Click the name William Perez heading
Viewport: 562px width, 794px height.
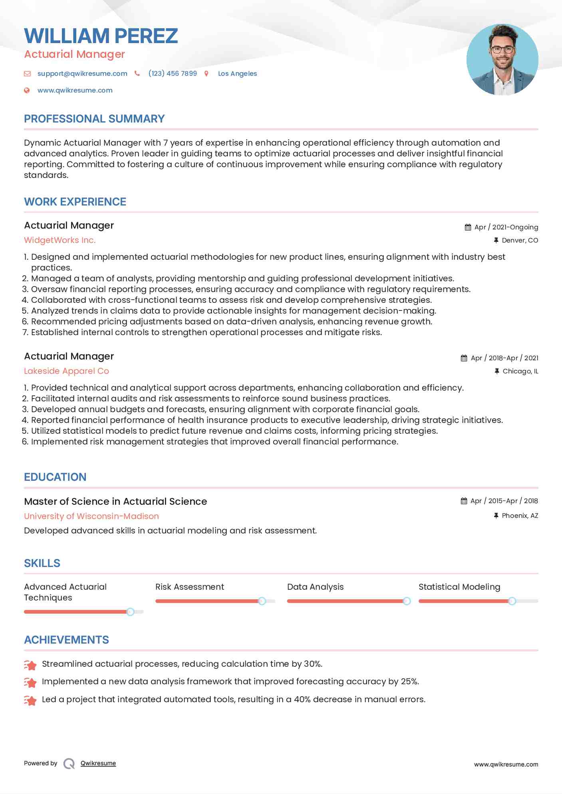(x=101, y=36)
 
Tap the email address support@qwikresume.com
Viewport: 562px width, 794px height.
(x=82, y=73)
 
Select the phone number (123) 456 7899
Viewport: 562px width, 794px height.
(x=173, y=73)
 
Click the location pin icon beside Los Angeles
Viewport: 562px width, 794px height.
(x=207, y=73)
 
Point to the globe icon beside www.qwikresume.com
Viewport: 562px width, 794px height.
(x=27, y=90)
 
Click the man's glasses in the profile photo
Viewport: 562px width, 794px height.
(x=502, y=50)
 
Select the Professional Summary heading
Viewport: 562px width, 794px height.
(x=94, y=119)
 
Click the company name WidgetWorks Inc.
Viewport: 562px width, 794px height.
(x=60, y=240)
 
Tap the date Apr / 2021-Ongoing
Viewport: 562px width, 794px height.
(x=506, y=227)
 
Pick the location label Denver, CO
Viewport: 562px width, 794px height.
(x=520, y=240)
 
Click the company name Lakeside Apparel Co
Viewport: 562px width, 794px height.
(x=66, y=371)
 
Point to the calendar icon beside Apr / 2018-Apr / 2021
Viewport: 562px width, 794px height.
(x=464, y=358)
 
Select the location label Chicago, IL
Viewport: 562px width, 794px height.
(x=520, y=371)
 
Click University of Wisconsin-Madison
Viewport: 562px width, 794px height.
(x=91, y=516)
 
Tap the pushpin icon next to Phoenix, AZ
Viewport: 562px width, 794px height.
(x=496, y=516)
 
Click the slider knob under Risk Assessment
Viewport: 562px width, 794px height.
(x=262, y=601)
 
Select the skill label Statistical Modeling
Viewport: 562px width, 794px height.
(x=459, y=587)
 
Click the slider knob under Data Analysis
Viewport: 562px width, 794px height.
(x=407, y=601)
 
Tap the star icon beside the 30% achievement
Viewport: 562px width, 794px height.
(x=30, y=665)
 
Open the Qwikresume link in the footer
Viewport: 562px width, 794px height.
(x=98, y=763)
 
